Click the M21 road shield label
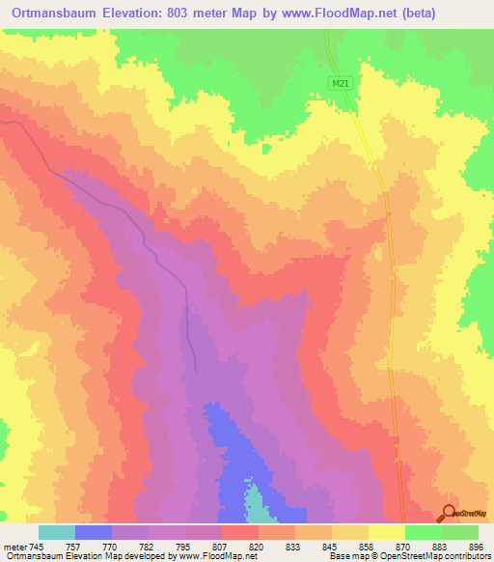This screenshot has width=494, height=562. click(339, 84)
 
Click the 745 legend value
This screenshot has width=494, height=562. click(35, 545)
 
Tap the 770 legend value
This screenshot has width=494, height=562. click(108, 545)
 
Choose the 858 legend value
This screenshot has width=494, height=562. click(364, 545)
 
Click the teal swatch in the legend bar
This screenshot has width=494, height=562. click(57, 532)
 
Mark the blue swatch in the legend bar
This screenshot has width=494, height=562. click(94, 532)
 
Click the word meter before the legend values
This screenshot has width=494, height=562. click(12, 545)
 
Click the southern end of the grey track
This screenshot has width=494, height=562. click(196, 369)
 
